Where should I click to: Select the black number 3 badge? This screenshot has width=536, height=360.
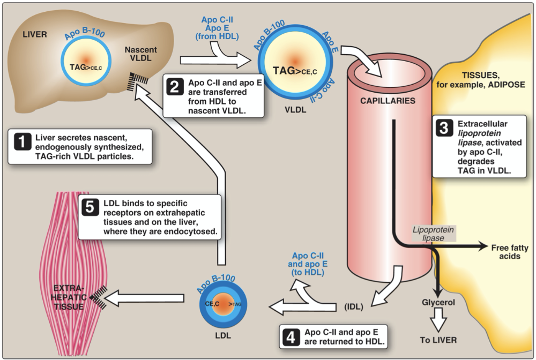click(443, 129)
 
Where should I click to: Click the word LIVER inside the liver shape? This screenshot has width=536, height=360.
click(35, 35)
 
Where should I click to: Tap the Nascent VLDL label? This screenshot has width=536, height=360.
click(140, 55)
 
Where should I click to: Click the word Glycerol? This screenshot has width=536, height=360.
click(439, 302)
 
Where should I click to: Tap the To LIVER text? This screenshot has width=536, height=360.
click(439, 340)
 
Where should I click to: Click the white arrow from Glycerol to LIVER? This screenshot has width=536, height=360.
click(439, 321)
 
